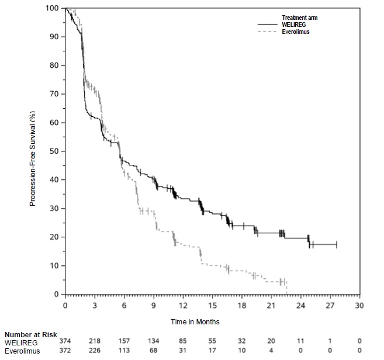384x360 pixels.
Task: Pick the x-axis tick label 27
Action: pos(330,305)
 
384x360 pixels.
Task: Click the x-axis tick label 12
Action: pos(183,305)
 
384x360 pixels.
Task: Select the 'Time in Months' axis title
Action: pos(195,321)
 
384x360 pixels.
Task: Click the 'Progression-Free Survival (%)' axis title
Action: pos(33,151)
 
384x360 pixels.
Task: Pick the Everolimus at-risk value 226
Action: pos(95,349)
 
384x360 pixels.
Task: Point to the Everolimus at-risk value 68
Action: pos(154,349)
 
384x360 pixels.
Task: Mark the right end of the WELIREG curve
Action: pos(337,244)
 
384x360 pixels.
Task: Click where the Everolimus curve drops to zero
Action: pos(286,293)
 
